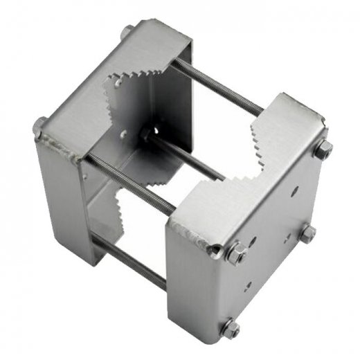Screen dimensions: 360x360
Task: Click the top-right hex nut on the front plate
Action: (x=323, y=149)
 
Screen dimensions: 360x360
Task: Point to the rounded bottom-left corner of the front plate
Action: (x=177, y=325)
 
